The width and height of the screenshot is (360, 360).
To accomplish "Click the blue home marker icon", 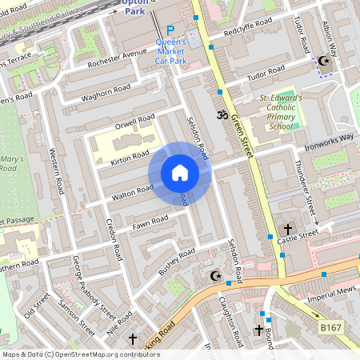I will [180, 173].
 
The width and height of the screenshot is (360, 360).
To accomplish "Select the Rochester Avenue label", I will [118, 58].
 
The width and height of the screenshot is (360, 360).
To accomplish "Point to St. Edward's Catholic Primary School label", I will [280, 112].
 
